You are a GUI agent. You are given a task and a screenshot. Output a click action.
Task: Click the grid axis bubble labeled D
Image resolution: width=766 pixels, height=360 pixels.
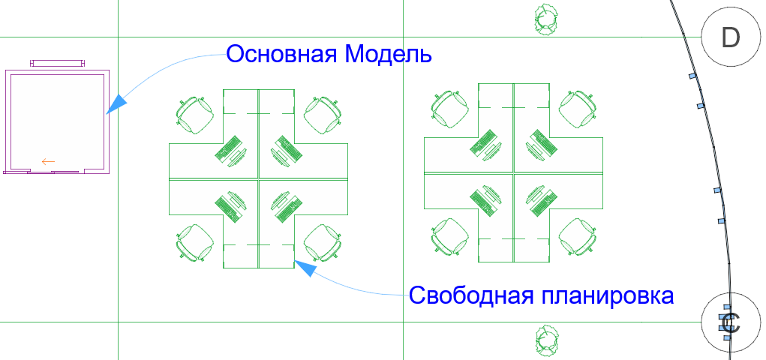coord(730,37)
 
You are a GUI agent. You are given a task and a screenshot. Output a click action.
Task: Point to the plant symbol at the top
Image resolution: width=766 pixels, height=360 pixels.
coord(545,18)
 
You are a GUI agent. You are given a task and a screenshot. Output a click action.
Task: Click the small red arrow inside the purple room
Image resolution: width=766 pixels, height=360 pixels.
coord(49,160)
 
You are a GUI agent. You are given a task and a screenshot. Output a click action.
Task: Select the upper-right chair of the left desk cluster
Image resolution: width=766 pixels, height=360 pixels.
coord(323,114)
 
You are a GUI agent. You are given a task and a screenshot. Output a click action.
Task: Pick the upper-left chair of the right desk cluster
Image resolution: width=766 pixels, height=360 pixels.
coord(450,109)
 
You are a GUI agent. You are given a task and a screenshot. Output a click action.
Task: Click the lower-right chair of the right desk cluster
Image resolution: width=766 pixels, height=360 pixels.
coord(578,236)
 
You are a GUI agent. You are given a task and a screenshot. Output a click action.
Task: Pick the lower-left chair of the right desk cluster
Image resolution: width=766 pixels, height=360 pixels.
coord(450,236)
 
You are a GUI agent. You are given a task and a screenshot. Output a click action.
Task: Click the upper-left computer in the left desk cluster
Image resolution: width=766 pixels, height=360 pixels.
coord(230,149)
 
